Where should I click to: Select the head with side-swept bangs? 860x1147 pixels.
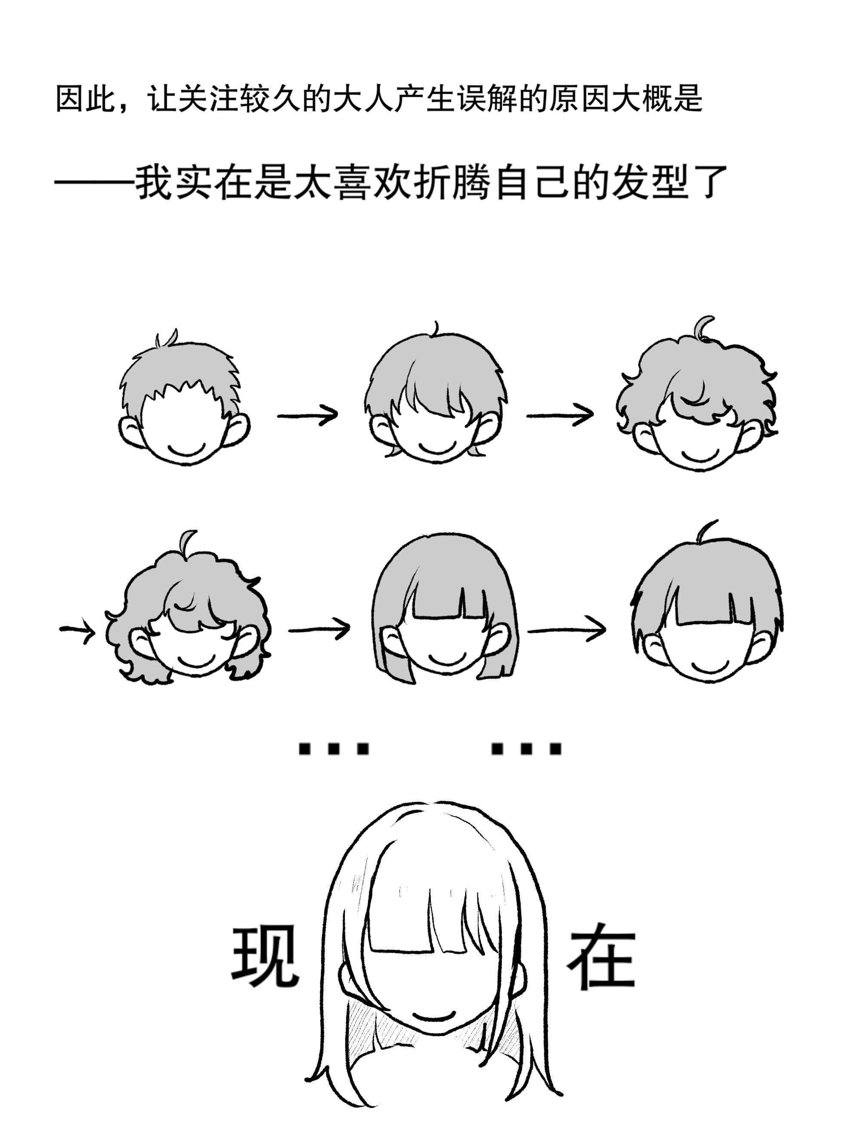tap(436, 394)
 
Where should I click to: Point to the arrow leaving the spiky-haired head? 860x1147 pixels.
tap(307, 415)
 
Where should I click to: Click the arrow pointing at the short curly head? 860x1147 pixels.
tap(560, 415)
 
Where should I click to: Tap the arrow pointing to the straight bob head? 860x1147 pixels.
tap(318, 629)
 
